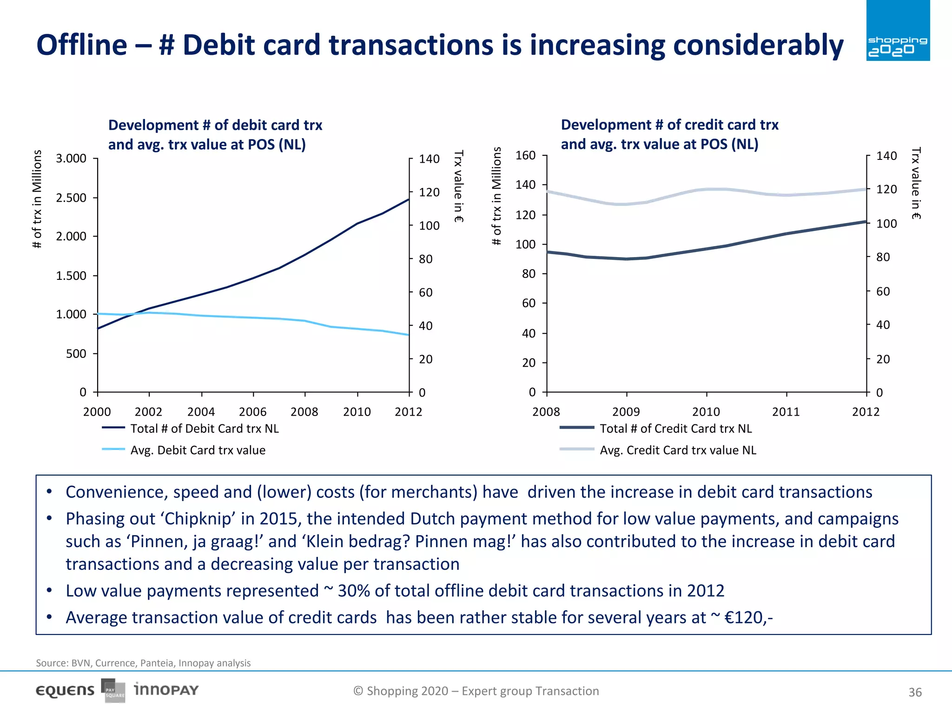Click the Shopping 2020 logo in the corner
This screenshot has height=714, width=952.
point(898,31)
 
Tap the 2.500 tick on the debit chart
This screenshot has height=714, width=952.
point(71,198)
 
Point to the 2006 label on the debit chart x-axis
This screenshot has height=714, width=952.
point(252,412)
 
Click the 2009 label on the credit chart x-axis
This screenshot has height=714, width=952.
point(626,412)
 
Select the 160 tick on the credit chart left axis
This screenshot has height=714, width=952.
point(525,155)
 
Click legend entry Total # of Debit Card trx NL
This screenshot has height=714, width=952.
point(205,429)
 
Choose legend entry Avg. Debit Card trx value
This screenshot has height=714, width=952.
point(198,450)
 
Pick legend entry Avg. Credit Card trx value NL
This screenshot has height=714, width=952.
point(678,450)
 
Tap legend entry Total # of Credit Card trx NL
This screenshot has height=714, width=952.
point(675,429)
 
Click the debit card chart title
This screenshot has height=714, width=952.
point(215,135)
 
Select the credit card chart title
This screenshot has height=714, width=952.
point(669,134)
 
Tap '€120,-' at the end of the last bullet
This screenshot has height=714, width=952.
point(748,618)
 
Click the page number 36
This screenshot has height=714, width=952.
point(915,693)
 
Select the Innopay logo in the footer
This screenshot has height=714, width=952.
point(166,690)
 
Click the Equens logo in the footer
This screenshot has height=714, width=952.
point(65,691)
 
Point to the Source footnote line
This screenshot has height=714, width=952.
point(143,663)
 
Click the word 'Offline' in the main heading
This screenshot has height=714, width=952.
point(82,45)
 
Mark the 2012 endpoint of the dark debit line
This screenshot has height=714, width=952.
point(409,199)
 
